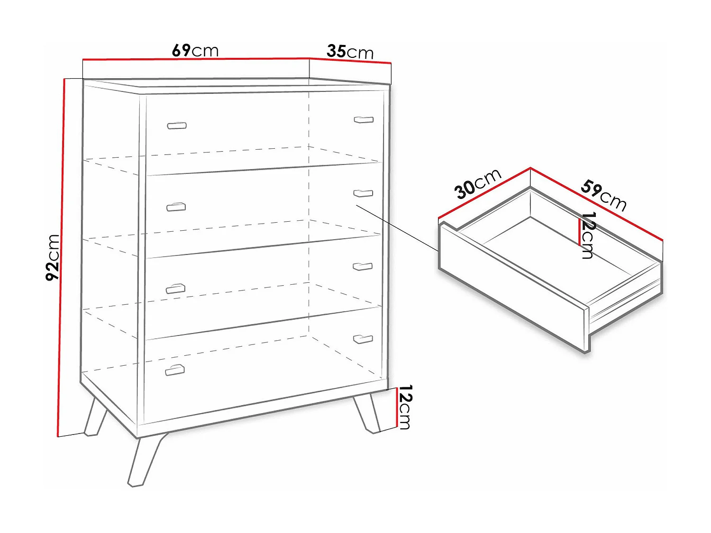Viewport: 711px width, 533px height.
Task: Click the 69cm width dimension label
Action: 195,51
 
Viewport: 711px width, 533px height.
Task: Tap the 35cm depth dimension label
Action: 350,52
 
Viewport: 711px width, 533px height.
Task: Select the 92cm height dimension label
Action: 53,258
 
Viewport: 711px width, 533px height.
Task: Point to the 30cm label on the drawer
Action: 477,184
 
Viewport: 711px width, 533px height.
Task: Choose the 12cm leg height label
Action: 405,407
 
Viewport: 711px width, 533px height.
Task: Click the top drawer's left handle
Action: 177,126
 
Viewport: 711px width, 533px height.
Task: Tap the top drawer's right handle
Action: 364,119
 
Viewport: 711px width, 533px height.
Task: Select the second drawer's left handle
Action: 176,207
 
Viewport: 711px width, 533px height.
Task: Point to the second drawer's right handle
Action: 363,193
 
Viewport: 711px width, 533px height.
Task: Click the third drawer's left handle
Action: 175,289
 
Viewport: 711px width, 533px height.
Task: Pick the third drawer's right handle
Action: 363,266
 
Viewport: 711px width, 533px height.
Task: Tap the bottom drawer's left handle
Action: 175,370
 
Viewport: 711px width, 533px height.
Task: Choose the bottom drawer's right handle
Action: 363,339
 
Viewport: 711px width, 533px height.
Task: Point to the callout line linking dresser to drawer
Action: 397,227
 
